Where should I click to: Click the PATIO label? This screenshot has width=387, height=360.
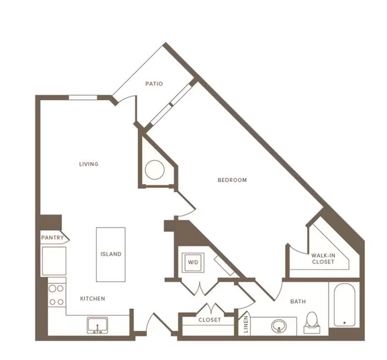(x=154, y=84)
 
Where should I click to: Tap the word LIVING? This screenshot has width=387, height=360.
(x=89, y=164)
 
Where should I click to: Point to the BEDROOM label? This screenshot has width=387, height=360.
(x=232, y=180)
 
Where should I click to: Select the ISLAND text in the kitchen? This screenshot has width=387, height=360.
(x=111, y=254)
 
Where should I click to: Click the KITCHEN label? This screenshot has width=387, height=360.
(x=92, y=299)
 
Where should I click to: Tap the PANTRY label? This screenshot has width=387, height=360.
(x=52, y=238)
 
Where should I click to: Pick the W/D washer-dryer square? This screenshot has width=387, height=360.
(x=193, y=262)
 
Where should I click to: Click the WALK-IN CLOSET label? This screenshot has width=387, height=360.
(x=323, y=258)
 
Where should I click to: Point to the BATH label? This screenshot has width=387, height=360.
(x=298, y=301)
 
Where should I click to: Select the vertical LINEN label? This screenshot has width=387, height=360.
(x=246, y=324)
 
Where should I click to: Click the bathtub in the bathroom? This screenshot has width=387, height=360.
(x=344, y=305)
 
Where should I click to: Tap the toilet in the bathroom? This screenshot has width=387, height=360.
(x=312, y=322)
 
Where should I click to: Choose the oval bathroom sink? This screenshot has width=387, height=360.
(x=279, y=326)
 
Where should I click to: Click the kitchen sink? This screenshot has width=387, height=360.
(x=97, y=326)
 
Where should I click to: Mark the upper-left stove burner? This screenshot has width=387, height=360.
(x=52, y=288)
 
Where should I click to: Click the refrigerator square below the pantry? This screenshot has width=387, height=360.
(x=54, y=261)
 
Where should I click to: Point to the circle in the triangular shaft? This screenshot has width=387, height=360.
(x=155, y=170)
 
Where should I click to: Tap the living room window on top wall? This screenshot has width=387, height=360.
(x=83, y=98)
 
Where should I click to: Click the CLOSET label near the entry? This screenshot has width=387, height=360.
(x=209, y=320)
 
